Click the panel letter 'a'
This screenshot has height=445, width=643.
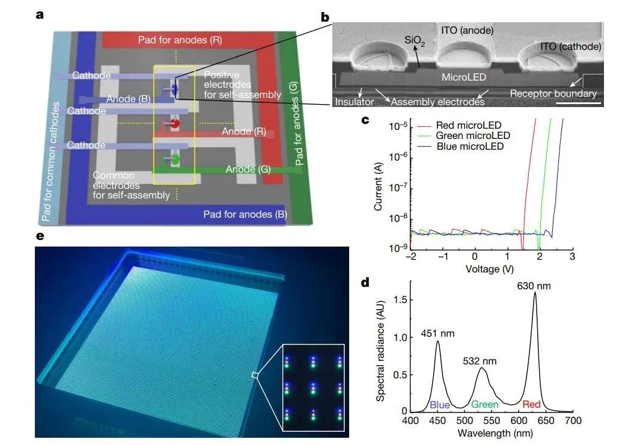(x=39, y=15)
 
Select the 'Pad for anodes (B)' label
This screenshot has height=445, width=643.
(x=245, y=213)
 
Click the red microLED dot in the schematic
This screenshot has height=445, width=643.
(x=175, y=124)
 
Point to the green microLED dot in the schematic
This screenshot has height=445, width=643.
(x=175, y=161)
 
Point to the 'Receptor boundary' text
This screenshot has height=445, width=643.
(x=553, y=93)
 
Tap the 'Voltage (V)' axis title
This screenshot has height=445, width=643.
(x=490, y=269)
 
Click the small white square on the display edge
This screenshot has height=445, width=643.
(x=255, y=375)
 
